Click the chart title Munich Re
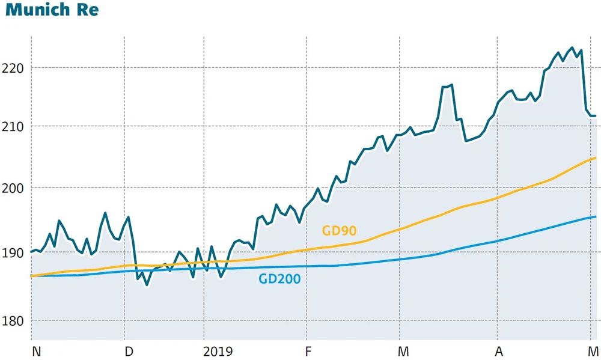pos(52,11)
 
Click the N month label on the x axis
pos(36,350)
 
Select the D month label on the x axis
pos(129,350)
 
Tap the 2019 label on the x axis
pos(218,350)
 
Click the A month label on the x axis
pos(499,350)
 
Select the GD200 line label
pos(279,278)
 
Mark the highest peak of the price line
pos(572,48)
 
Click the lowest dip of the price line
pos(147,285)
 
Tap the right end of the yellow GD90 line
pos(595,158)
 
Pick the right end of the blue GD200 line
pos(595,216)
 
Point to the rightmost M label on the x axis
pos(593,350)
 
